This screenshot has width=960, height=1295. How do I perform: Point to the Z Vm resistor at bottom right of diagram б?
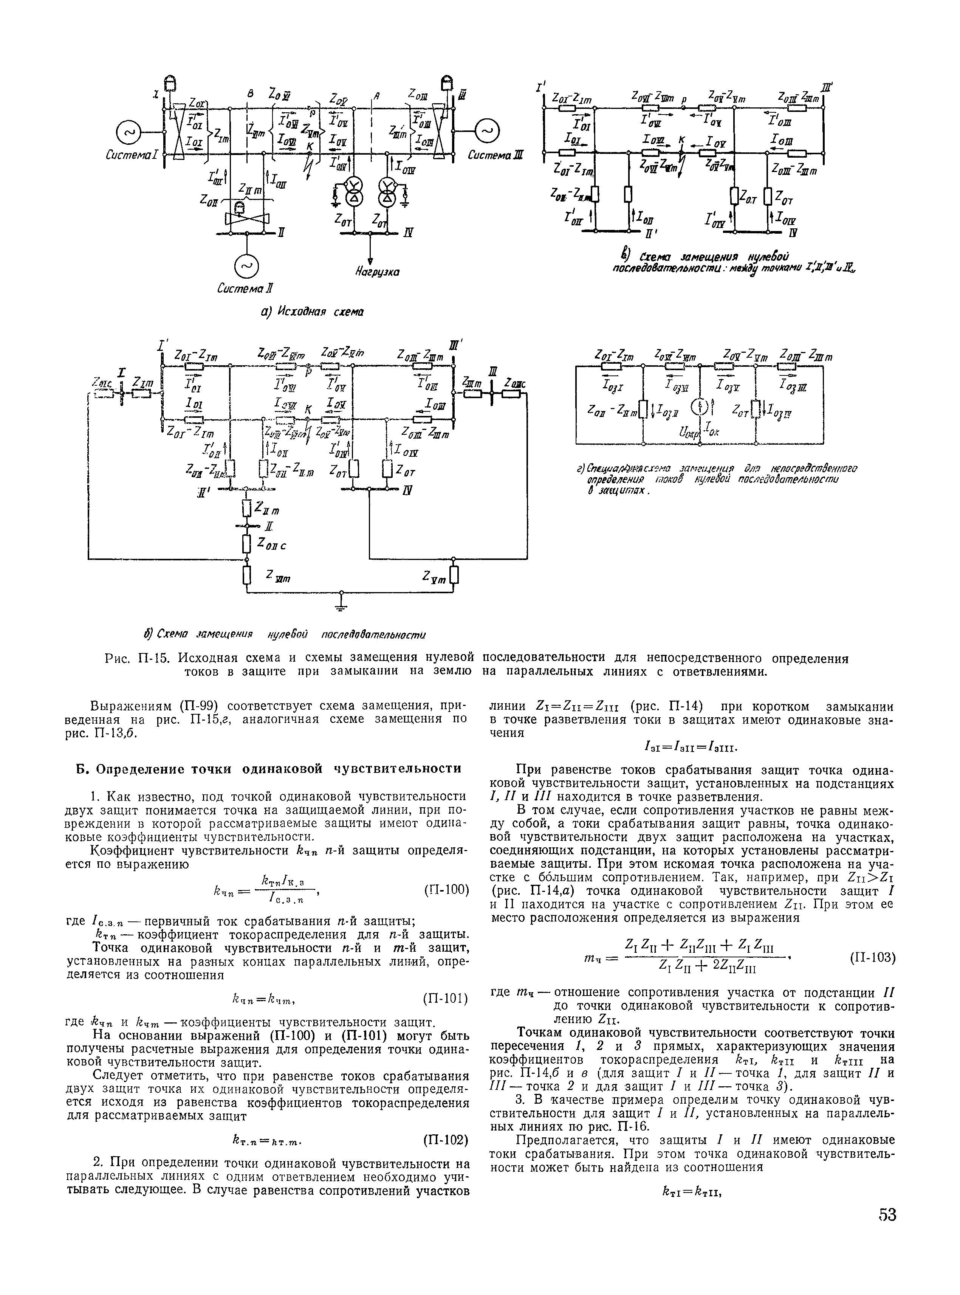pyautogui.click(x=454, y=575)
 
